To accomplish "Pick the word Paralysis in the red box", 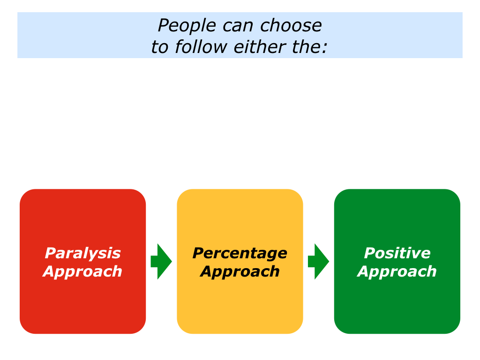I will tap(82, 253).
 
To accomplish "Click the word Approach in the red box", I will tap(82, 271).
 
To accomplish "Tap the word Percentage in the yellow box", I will tap(240, 253).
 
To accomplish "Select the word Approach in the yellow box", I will tap(240, 271).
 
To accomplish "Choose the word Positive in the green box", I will tap(397, 253).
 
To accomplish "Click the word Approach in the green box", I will tap(397, 271).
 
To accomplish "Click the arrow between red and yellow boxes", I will tap(161, 262).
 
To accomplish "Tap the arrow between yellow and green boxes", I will tap(318, 262).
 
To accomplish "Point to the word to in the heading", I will tap(159, 47).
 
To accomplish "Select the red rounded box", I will tap(82, 216).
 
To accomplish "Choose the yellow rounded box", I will tap(240, 216).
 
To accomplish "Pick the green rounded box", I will tap(397, 216).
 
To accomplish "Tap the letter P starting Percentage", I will tap(198, 253).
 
